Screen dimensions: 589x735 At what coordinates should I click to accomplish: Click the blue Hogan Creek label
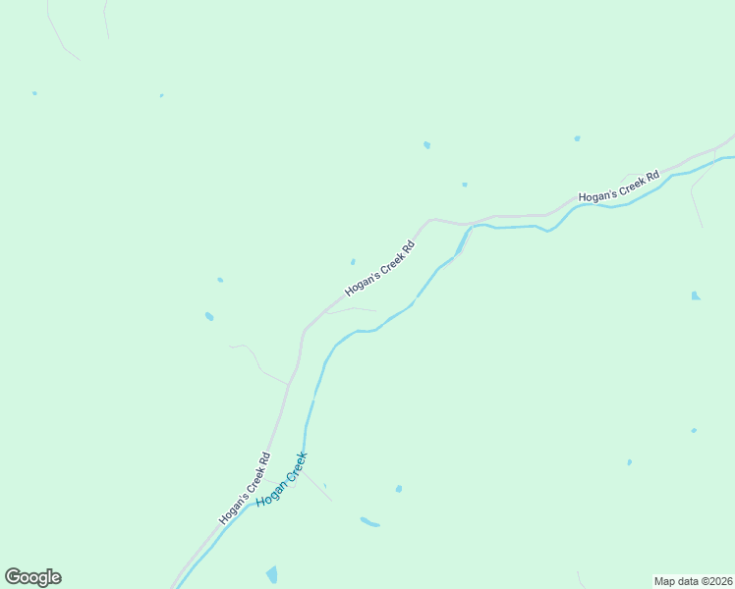point(282,479)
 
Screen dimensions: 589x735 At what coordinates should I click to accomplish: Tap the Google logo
point(32,577)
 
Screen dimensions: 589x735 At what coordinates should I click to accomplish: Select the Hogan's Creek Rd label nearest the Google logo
point(245,488)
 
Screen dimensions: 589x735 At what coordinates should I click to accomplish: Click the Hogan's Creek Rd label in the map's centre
point(380,267)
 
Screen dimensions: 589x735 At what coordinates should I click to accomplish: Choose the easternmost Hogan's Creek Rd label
point(617,189)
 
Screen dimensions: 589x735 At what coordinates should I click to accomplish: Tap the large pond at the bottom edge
point(271,574)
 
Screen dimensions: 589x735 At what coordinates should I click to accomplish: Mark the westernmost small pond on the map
point(34,93)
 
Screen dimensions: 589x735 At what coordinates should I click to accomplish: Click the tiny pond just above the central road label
point(353,261)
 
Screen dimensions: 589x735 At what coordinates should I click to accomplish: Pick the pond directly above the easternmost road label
point(577,138)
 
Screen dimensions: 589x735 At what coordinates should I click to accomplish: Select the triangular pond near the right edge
point(695,295)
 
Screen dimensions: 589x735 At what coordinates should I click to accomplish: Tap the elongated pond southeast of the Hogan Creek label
point(369,521)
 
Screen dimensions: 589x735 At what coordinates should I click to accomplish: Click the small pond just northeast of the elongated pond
point(398,489)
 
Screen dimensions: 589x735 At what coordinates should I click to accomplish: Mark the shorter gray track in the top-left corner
point(105,20)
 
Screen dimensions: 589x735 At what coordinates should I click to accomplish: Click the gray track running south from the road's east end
point(695,201)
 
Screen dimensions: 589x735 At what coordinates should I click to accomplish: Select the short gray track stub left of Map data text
point(581,579)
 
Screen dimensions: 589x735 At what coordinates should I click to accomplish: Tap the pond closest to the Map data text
point(629,462)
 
